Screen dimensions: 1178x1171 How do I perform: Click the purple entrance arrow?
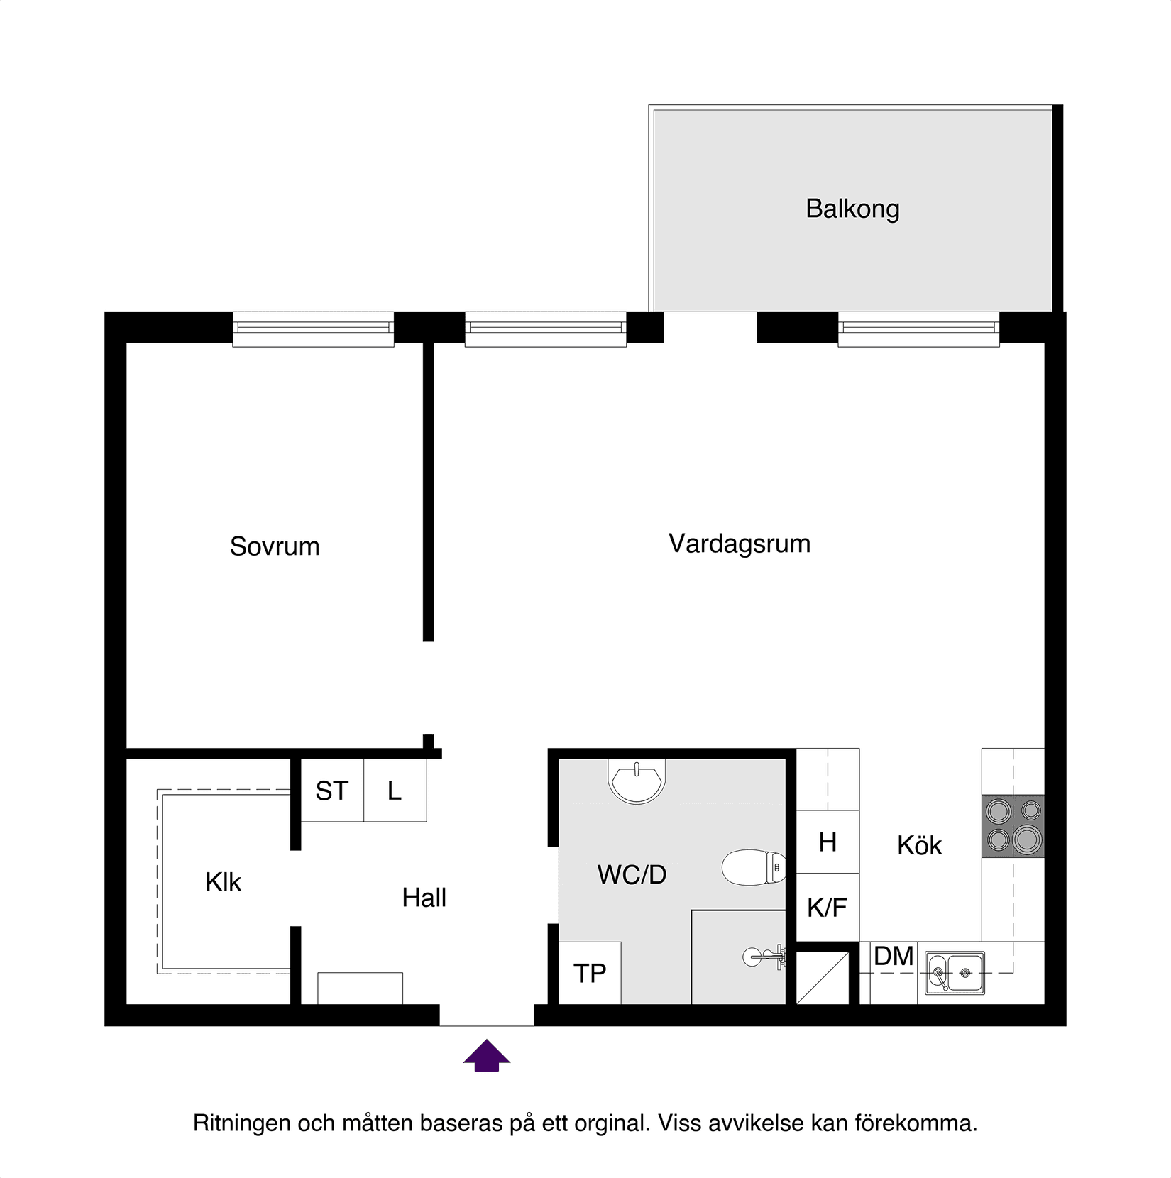486,1055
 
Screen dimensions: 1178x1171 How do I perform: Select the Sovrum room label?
275,546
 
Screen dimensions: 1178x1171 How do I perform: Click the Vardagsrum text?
739,544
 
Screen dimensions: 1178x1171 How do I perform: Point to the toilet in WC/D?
752,867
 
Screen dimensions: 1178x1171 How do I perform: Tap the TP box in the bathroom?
589,973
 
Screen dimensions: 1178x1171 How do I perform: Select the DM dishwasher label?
893,957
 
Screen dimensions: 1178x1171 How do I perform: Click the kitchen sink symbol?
955,972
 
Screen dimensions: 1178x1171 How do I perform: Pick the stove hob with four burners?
1013,825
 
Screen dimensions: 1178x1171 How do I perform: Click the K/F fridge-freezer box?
827,908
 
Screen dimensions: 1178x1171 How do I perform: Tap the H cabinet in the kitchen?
827,842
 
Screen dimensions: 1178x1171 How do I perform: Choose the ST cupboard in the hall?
332,791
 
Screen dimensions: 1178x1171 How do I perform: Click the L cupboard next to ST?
395,791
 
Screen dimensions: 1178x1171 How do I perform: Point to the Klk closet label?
223,882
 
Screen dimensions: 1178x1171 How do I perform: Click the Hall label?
424,898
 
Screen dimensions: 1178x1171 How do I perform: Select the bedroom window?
313,329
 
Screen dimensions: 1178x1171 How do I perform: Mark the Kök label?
919,845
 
